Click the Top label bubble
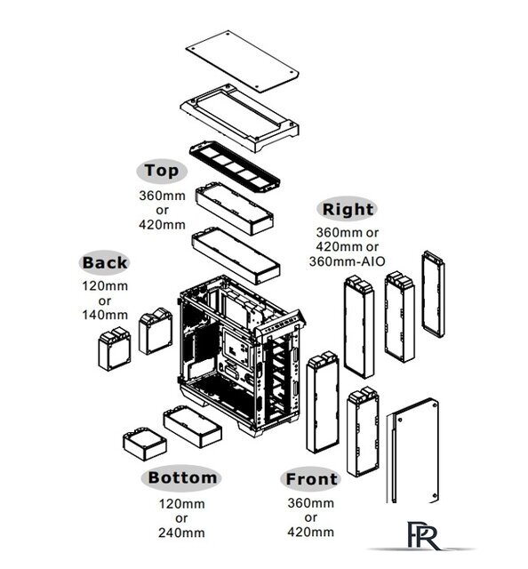(x=162, y=171)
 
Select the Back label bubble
(x=105, y=263)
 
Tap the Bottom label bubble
(x=182, y=477)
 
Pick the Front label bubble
(x=311, y=478)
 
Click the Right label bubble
(x=348, y=209)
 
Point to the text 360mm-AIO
(x=347, y=261)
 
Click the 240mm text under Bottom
(x=181, y=533)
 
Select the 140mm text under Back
(x=105, y=315)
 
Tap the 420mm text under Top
(x=162, y=225)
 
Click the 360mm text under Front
(x=310, y=503)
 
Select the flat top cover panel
(x=242, y=61)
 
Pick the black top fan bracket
(x=235, y=166)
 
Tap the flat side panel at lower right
(x=412, y=452)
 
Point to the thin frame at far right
(x=433, y=294)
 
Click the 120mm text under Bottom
(x=181, y=504)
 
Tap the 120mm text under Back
(x=105, y=286)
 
